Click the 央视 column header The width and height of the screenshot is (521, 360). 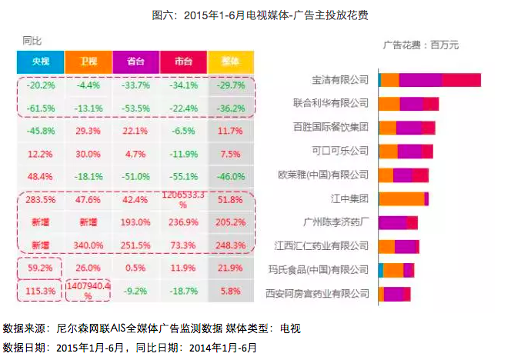(x=40, y=61)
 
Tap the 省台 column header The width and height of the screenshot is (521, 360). (x=135, y=61)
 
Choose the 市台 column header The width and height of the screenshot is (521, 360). (x=183, y=61)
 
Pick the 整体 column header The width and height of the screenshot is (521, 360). (x=231, y=61)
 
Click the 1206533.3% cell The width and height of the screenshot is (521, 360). (x=183, y=201)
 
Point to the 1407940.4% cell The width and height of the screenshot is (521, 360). (x=89, y=291)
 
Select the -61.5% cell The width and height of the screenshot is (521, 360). (x=40, y=108)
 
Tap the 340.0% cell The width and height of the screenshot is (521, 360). (x=89, y=245)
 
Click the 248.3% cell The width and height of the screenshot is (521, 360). (x=231, y=245)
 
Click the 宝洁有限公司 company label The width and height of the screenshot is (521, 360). (x=340, y=79)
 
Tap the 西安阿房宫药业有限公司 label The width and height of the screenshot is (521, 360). (x=317, y=293)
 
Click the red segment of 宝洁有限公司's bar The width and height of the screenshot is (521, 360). (x=461, y=80)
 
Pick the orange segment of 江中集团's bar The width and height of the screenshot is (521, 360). (x=401, y=198)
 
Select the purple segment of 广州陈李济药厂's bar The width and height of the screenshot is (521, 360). (x=392, y=222)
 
